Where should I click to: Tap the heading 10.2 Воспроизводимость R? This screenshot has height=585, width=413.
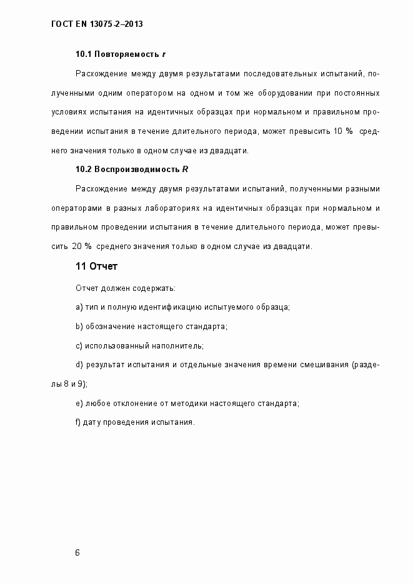132,169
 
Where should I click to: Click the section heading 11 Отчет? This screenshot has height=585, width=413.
96,267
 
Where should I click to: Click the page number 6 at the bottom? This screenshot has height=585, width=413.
77,553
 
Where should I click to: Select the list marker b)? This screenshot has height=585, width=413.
79,326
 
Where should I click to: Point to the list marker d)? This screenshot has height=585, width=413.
79,364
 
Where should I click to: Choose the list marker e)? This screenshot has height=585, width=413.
79,403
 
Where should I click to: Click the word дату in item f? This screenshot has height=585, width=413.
94,422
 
